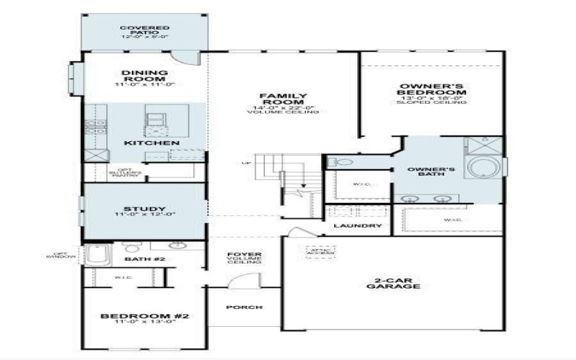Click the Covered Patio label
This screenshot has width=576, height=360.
click(144, 32)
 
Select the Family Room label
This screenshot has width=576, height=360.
click(283, 100)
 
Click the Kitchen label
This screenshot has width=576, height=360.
click(151, 143)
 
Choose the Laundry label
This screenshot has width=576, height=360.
click(358, 225)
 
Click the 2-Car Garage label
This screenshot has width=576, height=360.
click(392, 283)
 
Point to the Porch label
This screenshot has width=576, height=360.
click(244, 307)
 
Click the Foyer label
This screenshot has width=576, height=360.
click(244, 258)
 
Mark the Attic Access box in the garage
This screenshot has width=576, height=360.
click(320, 252)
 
